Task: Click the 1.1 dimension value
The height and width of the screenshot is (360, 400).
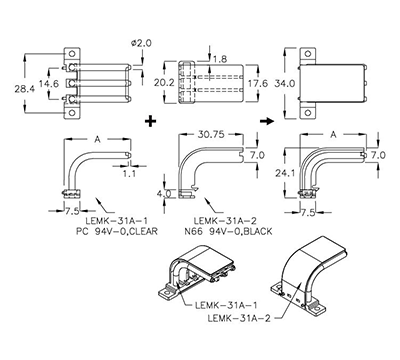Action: click(129, 172)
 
